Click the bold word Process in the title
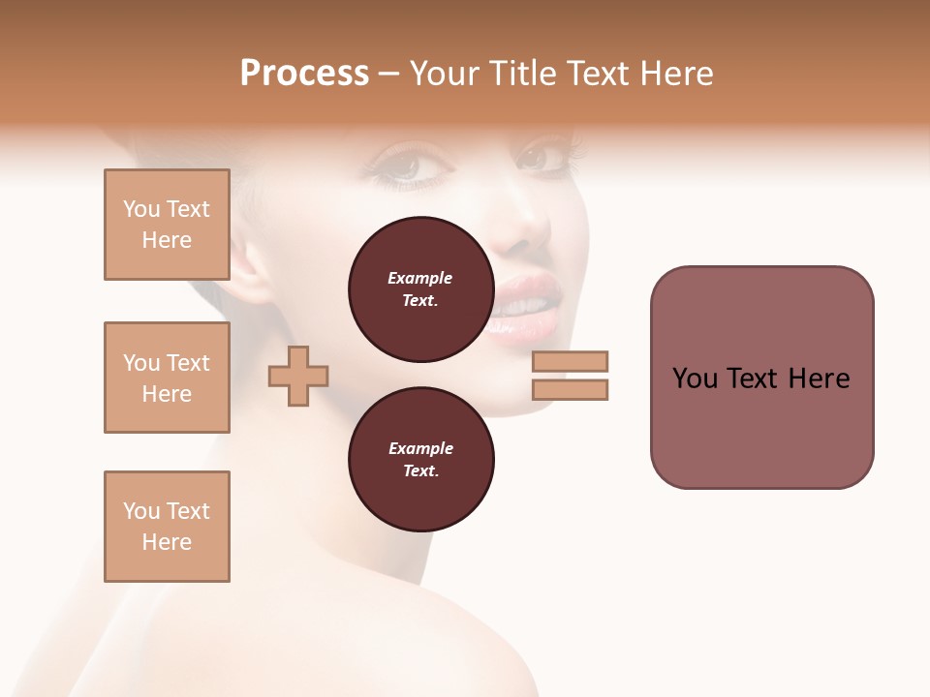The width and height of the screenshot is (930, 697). (304, 74)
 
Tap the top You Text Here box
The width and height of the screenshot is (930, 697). (167, 225)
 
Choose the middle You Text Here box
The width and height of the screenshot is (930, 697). (167, 378)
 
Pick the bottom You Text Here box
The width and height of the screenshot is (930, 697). (167, 527)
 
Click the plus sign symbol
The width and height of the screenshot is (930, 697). (298, 375)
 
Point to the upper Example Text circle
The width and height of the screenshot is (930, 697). (420, 289)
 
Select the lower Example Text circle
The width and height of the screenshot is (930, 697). (420, 460)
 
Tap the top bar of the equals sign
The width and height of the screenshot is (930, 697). (570, 361)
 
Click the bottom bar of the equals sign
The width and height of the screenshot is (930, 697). (570, 389)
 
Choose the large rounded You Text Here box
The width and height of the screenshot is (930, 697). (761, 378)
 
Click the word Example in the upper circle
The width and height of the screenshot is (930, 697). (420, 278)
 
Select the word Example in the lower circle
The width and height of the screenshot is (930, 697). (420, 448)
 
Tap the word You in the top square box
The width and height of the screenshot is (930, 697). (141, 209)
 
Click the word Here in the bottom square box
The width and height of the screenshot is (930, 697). (167, 542)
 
